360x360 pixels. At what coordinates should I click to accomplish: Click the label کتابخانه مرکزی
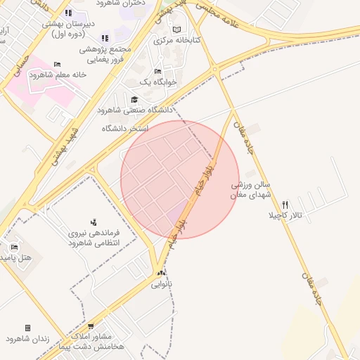click(177, 40)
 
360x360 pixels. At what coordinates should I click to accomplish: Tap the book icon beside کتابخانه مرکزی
click(176, 30)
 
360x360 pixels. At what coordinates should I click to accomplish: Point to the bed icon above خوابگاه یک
click(157, 72)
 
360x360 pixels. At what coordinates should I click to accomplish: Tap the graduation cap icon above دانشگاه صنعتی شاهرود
click(134, 100)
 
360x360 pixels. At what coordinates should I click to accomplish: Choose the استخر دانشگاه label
click(125, 129)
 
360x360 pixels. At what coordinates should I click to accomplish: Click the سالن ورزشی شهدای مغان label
click(251, 190)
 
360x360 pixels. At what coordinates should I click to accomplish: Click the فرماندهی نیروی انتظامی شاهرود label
click(94, 238)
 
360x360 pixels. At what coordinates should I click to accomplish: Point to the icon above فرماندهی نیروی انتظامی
click(94, 222)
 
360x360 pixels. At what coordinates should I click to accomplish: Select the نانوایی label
click(162, 284)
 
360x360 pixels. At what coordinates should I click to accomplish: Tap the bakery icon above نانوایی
click(162, 274)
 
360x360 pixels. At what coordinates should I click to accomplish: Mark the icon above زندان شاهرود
click(27, 328)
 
